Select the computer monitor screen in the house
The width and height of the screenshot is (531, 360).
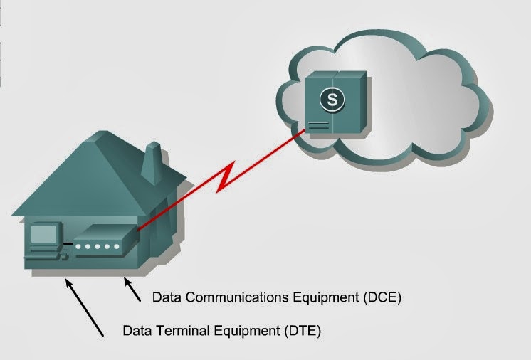pos(42,234)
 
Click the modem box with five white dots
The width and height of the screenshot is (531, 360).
pos(104,242)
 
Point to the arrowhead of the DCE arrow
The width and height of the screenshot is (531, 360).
pos(127,279)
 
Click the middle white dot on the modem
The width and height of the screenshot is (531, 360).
pos(98,247)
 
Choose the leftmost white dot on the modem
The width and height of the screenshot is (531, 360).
pos(79,247)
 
